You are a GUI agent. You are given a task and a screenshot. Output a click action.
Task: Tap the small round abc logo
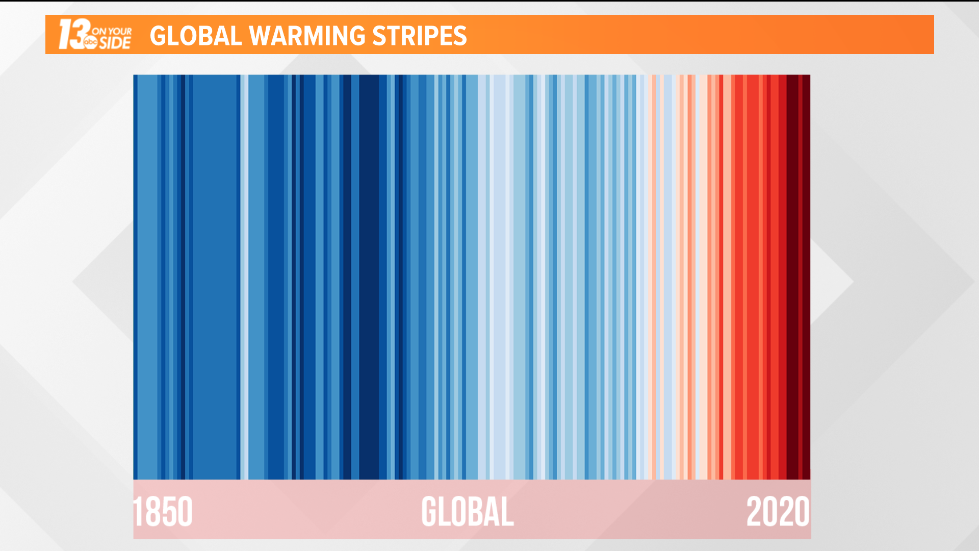click(90, 42)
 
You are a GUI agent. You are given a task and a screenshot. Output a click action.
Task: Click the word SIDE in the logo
click(115, 43)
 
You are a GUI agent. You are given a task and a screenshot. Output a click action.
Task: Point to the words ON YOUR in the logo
click(112, 31)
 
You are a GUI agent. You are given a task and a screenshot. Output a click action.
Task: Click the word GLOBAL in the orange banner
click(195, 36)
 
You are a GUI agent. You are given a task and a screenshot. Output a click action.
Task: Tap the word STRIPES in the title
click(419, 36)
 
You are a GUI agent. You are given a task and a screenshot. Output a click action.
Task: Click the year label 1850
click(163, 512)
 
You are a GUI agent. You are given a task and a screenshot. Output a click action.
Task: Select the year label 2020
click(778, 512)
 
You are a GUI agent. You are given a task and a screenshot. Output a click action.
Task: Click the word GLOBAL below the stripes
click(467, 512)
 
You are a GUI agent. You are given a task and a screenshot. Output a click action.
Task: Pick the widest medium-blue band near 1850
click(216, 275)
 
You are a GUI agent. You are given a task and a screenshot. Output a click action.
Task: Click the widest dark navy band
click(369, 275)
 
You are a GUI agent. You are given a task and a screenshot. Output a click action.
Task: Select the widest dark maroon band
click(792, 275)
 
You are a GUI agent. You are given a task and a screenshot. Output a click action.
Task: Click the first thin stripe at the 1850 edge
click(135, 275)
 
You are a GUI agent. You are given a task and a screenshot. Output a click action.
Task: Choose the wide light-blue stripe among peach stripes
click(667, 275)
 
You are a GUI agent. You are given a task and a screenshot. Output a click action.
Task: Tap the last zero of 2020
click(802, 512)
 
